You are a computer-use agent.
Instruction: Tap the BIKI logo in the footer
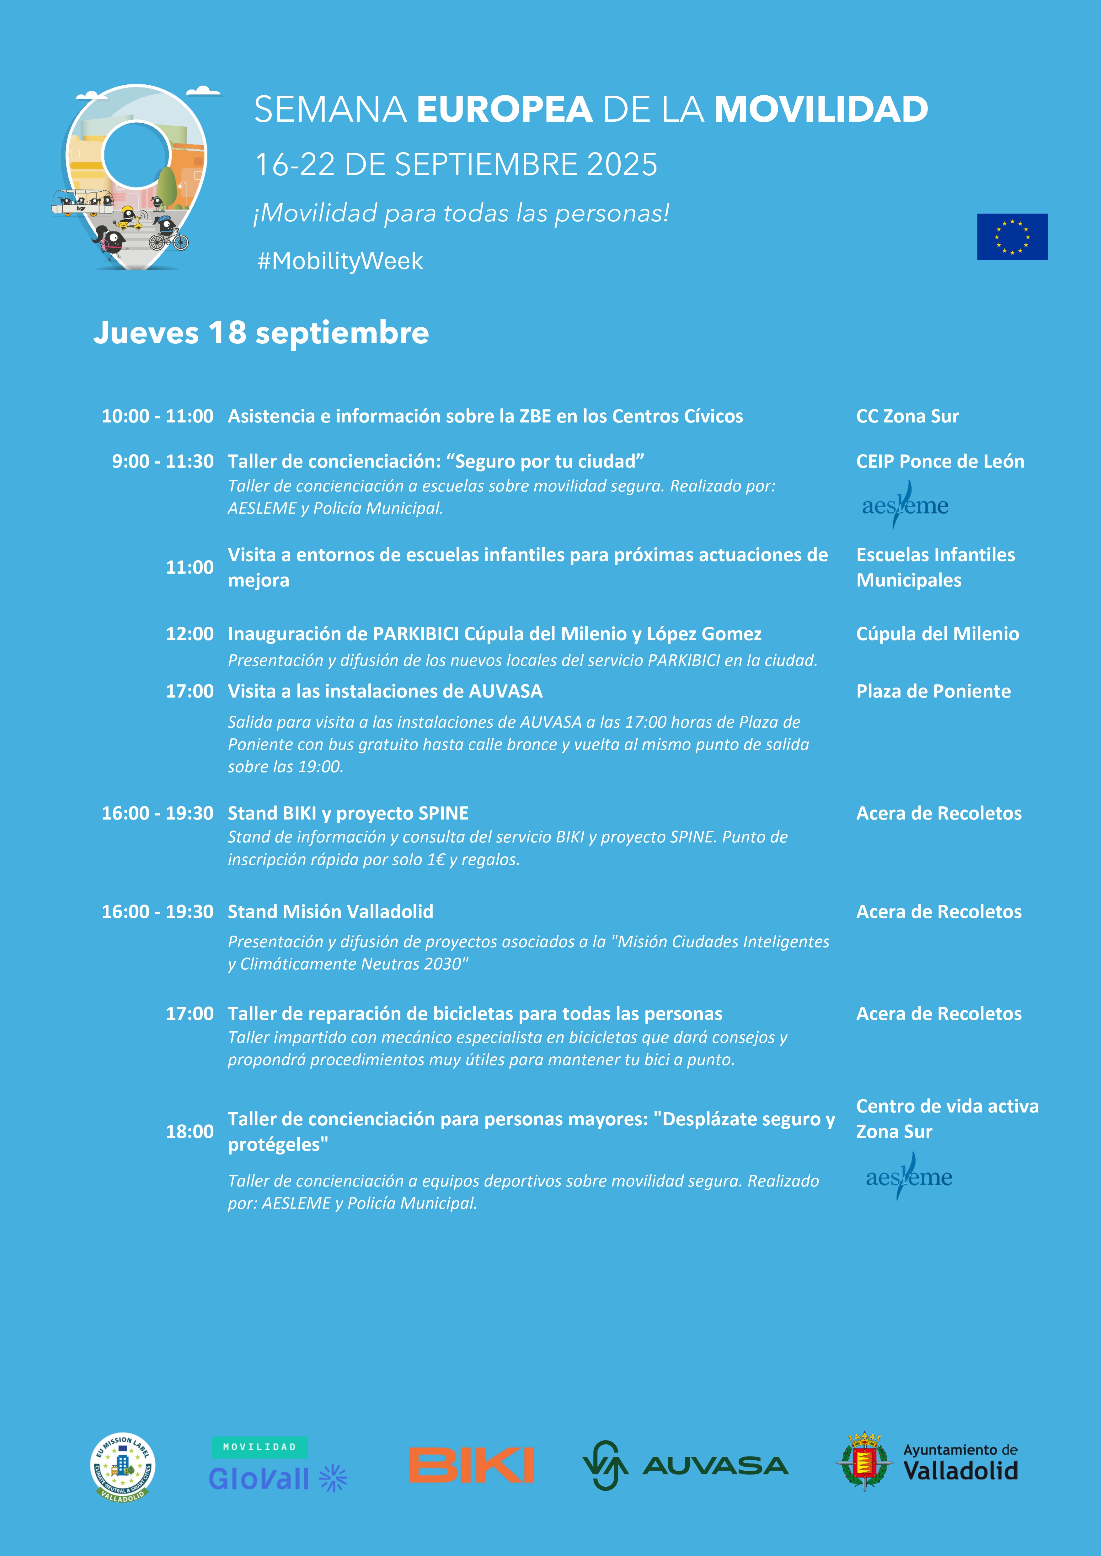471,1465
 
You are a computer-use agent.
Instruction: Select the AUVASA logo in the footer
685,1465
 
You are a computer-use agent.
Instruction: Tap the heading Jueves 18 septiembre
261,333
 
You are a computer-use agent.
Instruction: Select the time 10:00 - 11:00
157,416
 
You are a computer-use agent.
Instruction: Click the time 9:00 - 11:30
163,461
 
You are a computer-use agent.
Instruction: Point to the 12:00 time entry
190,634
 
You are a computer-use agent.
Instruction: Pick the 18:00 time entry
190,1131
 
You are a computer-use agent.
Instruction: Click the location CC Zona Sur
907,416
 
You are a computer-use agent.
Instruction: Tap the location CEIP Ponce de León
940,461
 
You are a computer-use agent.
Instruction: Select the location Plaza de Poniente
933,691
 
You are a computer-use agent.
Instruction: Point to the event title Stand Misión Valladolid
330,911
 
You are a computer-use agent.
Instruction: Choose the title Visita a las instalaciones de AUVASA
385,691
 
